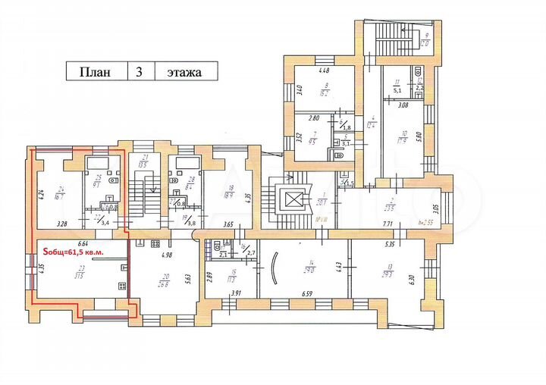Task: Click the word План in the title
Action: (95, 73)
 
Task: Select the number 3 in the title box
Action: (139, 73)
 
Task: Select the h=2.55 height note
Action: (435, 224)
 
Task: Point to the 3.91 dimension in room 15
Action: (236, 293)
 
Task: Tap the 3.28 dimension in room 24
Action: (63, 224)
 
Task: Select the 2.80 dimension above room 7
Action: (313, 118)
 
